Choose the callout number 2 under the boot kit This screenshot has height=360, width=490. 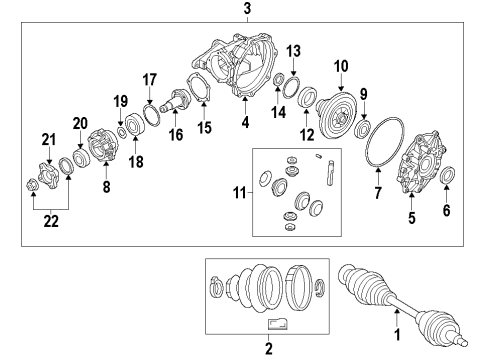(267, 348)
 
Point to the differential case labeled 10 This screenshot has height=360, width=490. (337, 106)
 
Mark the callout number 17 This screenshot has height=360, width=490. (150, 79)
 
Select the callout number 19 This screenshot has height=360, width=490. (120, 100)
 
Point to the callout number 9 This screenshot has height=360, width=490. (363, 94)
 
